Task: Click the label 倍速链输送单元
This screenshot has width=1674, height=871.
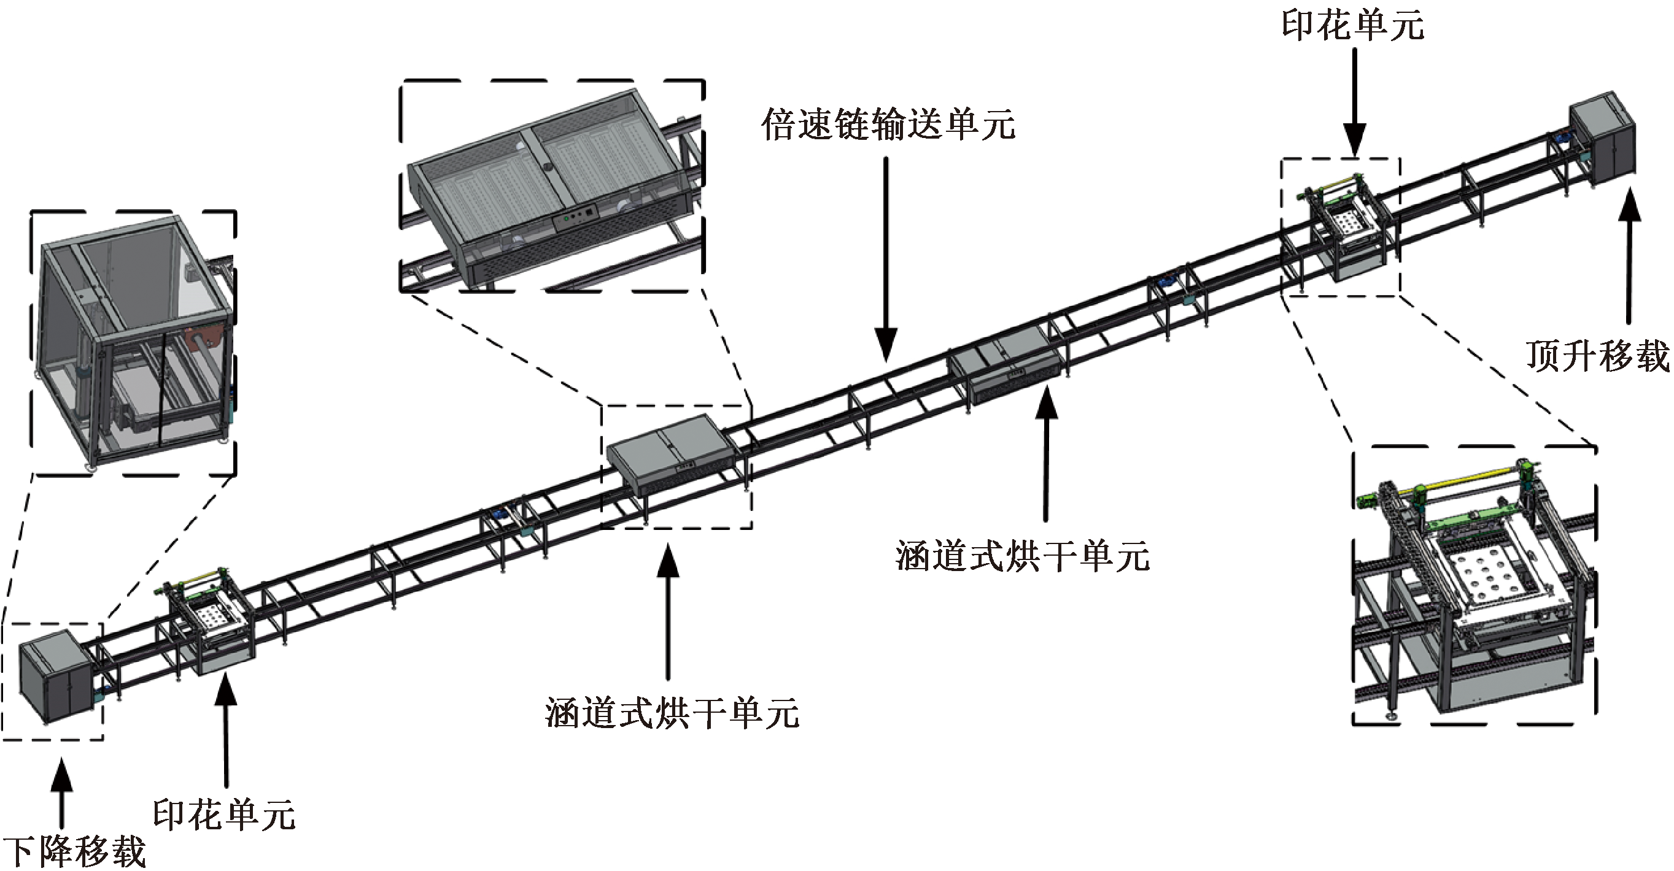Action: (x=888, y=124)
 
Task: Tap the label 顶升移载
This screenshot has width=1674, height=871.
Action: (x=1597, y=356)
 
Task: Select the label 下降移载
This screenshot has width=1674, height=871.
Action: (x=74, y=851)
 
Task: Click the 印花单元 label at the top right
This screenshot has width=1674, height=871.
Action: (x=1353, y=26)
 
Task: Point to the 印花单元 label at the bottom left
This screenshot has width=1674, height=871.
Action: (x=224, y=815)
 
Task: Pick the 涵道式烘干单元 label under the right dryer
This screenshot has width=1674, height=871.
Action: (x=1022, y=556)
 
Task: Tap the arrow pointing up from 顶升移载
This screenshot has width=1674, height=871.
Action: (x=1629, y=255)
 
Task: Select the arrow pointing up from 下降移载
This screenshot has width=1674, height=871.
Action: (x=62, y=792)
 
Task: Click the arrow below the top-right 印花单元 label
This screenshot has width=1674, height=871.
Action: (x=1354, y=102)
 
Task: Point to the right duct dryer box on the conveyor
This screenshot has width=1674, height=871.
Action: (x=1005, y=363)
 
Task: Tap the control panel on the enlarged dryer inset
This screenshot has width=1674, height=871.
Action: (x=575, y=217)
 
